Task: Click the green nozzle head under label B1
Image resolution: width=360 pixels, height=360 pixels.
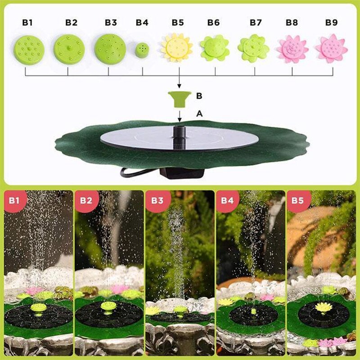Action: click(29, 49)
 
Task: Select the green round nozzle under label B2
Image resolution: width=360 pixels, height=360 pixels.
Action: click(69, 48)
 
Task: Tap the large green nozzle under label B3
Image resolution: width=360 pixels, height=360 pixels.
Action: click(109, 48)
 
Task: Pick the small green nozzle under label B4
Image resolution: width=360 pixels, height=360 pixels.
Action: click(143, 49)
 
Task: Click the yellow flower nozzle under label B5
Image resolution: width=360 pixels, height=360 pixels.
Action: click(177, 47)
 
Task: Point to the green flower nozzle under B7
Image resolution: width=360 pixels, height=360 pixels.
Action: click(253, 48)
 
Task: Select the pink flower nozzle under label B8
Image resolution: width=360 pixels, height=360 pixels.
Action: click(292, 49)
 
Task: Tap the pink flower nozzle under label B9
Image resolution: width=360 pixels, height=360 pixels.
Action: click(331, 49)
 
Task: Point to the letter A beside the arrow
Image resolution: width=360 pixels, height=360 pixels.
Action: click(198, 114)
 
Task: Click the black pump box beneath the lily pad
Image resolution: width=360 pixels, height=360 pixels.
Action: click(182, 173)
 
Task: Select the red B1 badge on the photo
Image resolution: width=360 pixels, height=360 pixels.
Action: click(14, 201)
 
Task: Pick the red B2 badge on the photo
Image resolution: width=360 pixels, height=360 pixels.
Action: click(85, 201)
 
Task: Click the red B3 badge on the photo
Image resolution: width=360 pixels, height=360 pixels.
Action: click(157, 201)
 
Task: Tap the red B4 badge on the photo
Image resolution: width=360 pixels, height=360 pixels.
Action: click(228, 201)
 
